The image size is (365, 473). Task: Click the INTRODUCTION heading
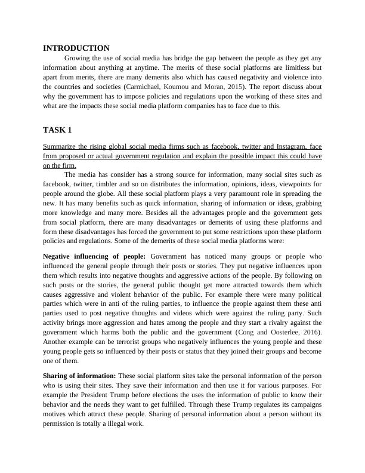click(76, 48)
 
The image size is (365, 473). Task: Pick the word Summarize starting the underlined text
click(62, 146)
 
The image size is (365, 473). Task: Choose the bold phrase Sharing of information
click(80, 376)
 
